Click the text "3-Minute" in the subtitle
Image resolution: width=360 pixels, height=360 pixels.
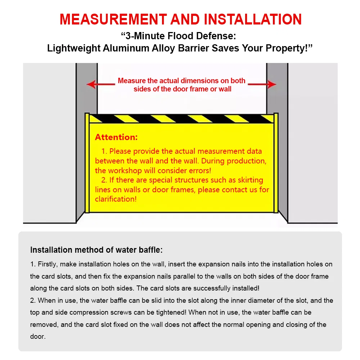[x=142, y=36]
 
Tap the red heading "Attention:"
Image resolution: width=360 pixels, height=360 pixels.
[x=116, y=137]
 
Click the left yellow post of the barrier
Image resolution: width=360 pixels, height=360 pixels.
[x=87, y=163]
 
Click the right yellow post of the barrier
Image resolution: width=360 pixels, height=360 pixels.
[x=276, y=163]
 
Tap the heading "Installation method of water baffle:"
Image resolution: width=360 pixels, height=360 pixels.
[x=96, y=250]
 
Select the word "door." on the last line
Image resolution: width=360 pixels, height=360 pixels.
[x=38, y=337]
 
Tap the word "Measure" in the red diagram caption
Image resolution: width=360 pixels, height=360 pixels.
[x=132, y=81]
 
